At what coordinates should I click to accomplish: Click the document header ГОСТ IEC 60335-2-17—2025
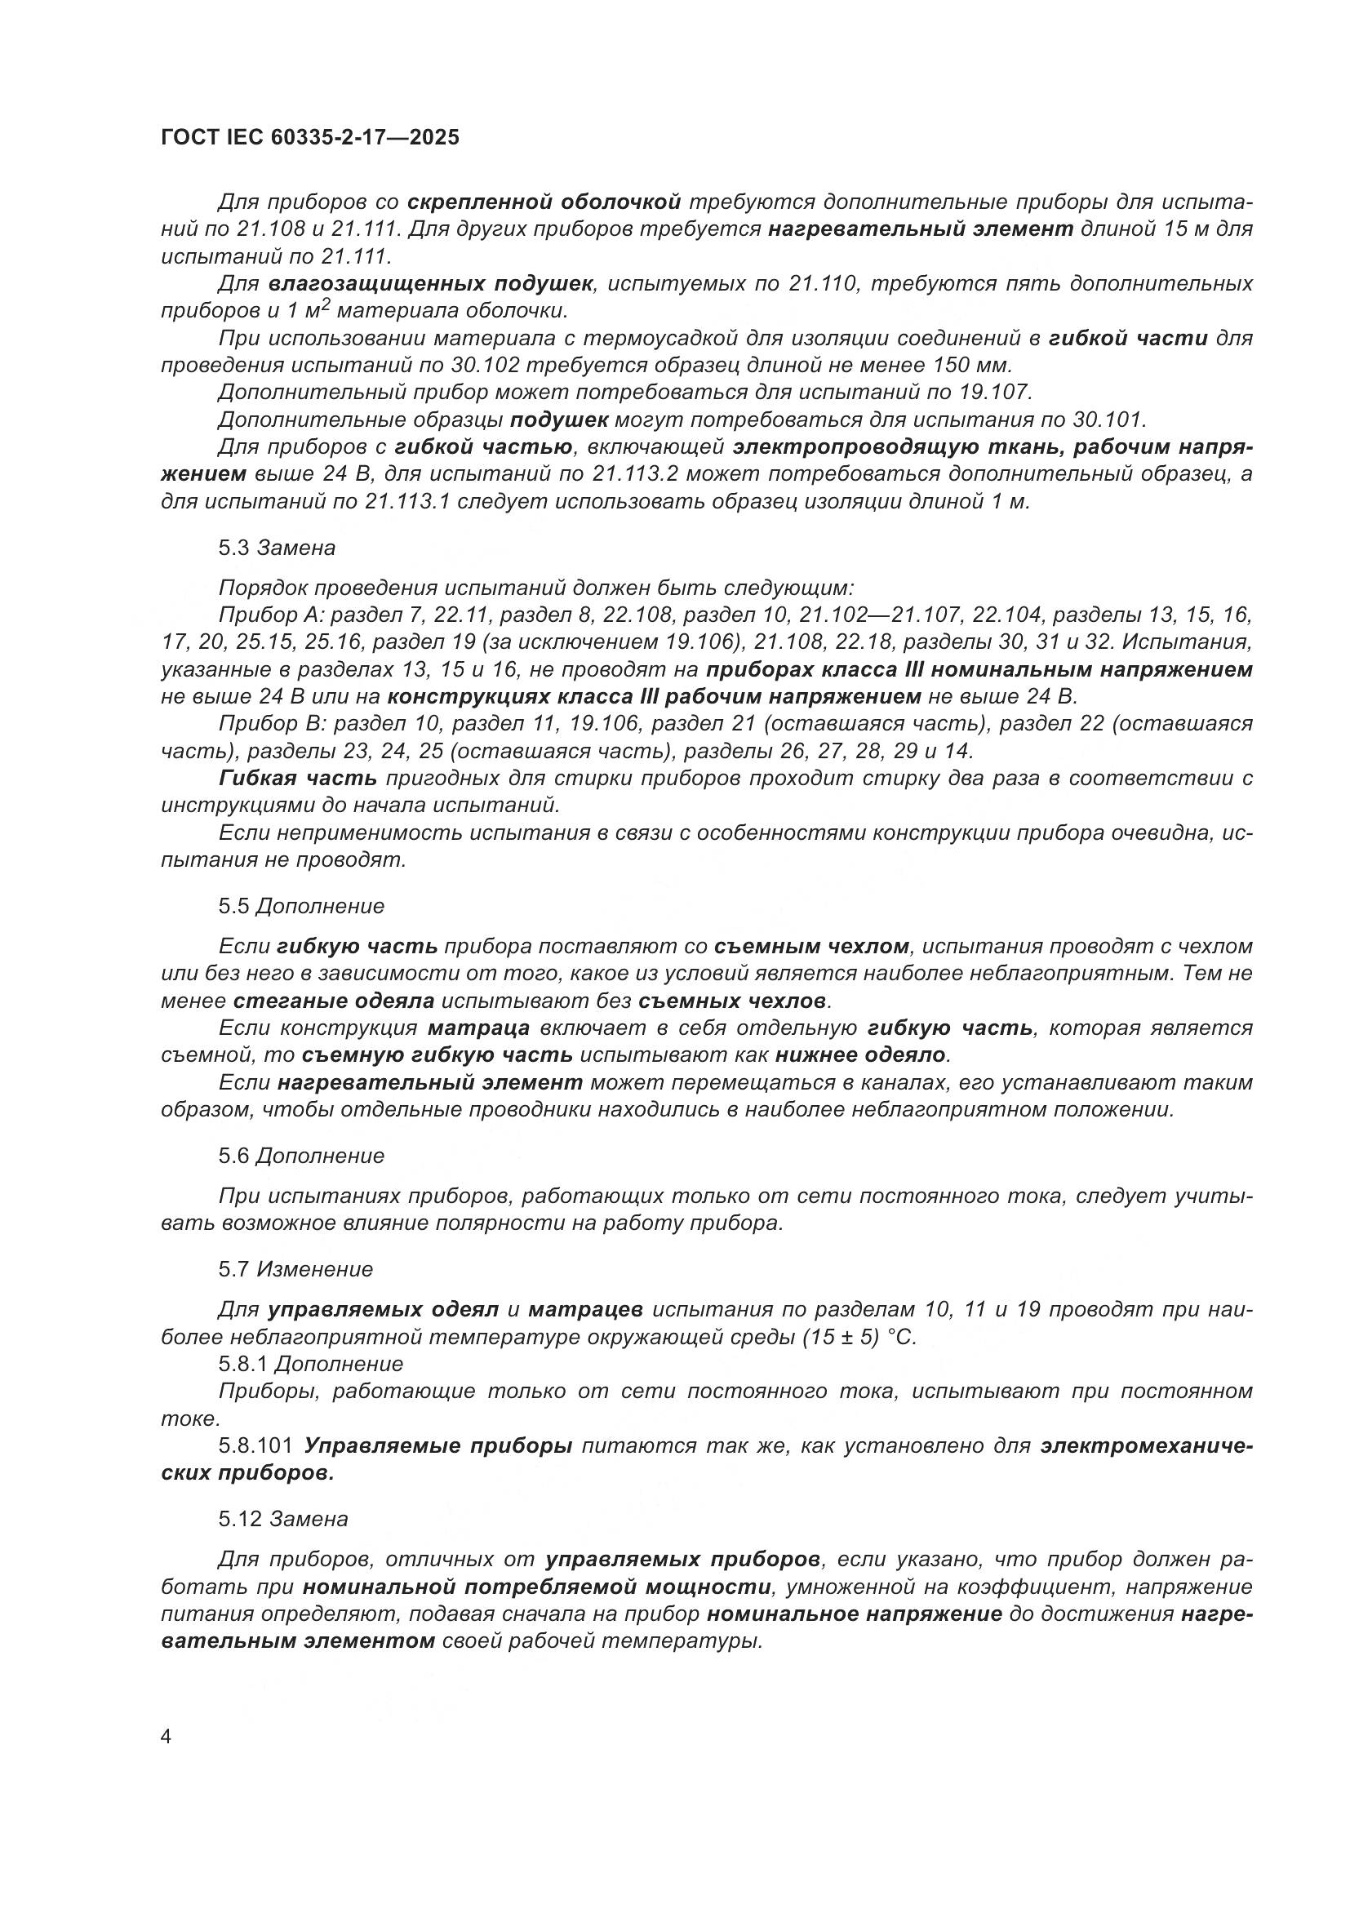pos(309,138)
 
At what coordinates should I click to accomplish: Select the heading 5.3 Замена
pos(277,548)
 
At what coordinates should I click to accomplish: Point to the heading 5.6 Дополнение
pos(301,1156)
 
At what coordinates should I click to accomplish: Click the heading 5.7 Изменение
pos(295,1269)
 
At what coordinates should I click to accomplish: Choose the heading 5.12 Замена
pos(282,1519)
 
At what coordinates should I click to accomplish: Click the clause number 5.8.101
pos(255,1446)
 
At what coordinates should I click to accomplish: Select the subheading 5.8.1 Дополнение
pos(311,1365)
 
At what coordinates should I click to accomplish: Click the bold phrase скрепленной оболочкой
pos(544,202)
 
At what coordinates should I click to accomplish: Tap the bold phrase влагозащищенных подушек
pos(431,283)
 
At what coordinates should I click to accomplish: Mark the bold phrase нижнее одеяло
pos(861,1055)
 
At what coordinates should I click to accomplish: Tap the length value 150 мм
pos(969,365)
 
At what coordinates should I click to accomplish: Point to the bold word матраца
pos(479,1028)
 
